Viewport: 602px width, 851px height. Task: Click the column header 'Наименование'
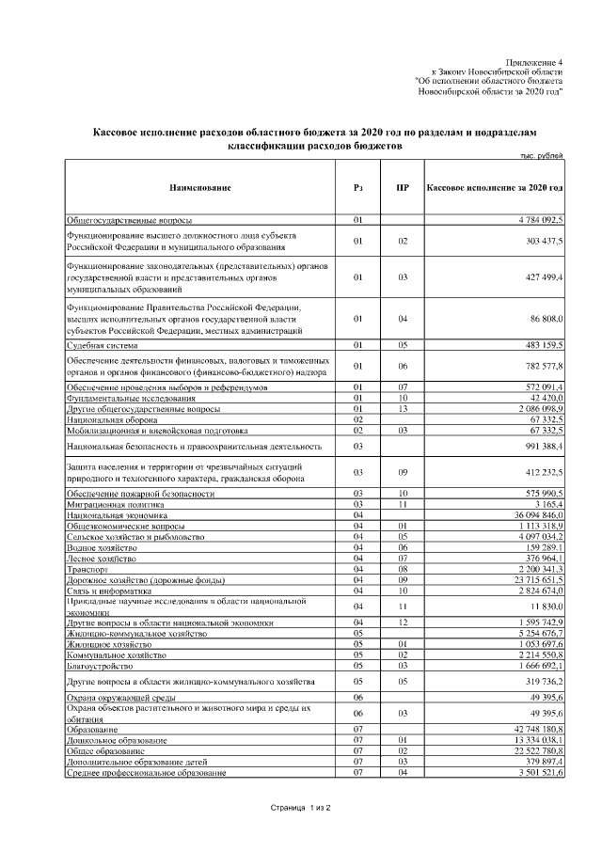click(x=199, y=188)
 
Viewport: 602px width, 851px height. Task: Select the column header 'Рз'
click(x=358, y=188)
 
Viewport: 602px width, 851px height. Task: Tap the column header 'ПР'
click(x=402, y=188)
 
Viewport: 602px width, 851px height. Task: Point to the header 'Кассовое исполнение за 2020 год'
click(x=495, y=188)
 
